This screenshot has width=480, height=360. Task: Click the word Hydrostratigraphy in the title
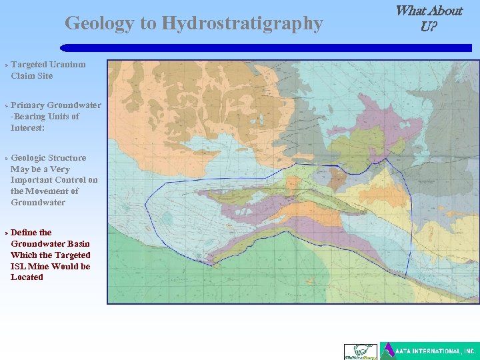pyautogui.click(x=242, y=24)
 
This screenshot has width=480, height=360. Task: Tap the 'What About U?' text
pyautogui.click(x=429, y=18)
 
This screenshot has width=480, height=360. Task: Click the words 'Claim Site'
pyautogui.click(x=31, y=76)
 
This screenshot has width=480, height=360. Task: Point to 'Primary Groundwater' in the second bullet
pyautogui.click(x=56, y=105)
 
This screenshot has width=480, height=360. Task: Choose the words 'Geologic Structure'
pyautogui.click(x=48, y=158)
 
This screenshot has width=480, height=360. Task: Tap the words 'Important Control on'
pyautogui.click(x=54, y=180)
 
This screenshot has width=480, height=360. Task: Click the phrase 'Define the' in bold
pyautogui.click(x=31, y=233)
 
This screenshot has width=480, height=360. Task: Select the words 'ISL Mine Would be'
pyautogui.click(x=50, y=266)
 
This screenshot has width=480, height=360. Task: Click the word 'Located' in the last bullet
pyautogui.click(x=27, y=277)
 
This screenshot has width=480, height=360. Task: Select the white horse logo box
pyautogui.click(x=360, y=351)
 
